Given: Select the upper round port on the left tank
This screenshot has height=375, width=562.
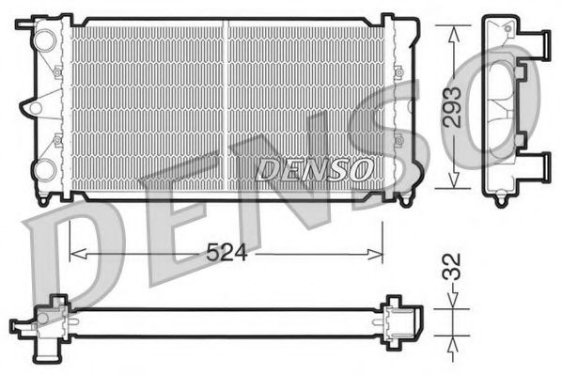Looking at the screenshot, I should pos(42,40).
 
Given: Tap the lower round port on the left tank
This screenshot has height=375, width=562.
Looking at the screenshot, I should pos(43,169).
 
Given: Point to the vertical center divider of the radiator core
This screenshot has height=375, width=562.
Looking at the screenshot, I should pos(227,103).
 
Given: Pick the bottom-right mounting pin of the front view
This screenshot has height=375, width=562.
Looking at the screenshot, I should pos(404,200).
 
